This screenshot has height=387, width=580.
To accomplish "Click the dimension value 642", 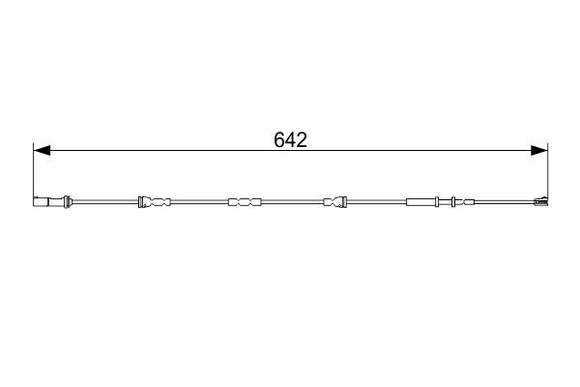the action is pyautogui.click(x=290, y=140).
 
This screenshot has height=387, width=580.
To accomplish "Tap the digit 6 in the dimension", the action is pyautogui.click(x=279, y=140).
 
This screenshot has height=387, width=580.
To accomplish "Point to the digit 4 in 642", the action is pyautogui.click(x=291, y=140).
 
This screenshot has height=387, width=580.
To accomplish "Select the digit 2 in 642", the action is pyautogui.click(x=302, y=140).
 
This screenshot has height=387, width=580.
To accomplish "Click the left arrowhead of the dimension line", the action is pyautogui.click(x=42, y=150).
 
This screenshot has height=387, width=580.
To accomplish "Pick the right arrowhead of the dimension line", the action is pyautogui.click(x=539, y=150).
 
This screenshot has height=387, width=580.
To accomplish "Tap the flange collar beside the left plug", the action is pyautogui.click(x=67, y=201).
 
